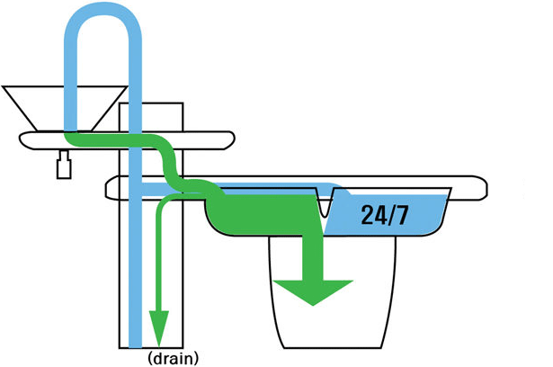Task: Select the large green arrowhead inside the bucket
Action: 313,291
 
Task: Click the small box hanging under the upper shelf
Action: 64,169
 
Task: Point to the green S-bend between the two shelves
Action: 169,162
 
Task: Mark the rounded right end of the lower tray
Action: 486,189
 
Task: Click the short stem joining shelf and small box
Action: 64,155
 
